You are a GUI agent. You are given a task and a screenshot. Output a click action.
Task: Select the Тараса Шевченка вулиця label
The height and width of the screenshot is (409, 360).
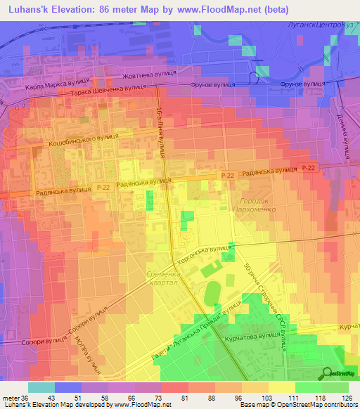108,91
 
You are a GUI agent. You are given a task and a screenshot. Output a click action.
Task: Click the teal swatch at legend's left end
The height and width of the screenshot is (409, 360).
41,387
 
